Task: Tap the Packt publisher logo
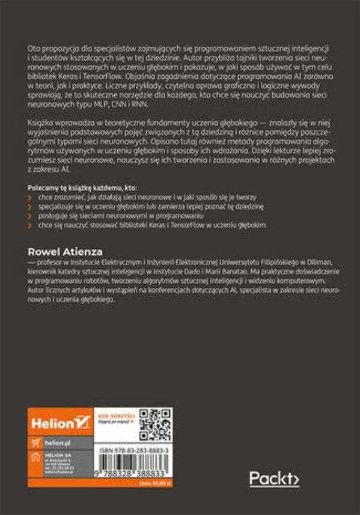pyautogui.click(x=274, y=479)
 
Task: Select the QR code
pyautogui.click(x=154, y=424)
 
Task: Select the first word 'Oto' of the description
pyautogui.click(x=34, y=47)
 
